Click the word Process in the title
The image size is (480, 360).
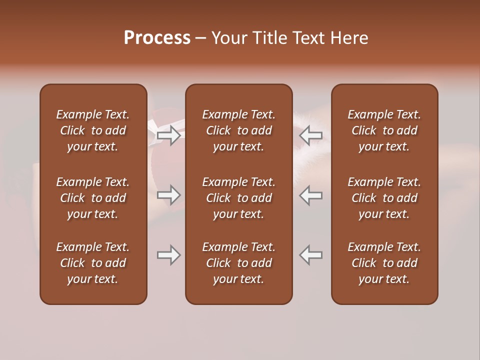[157, 38]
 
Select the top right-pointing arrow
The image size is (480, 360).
[169, 135]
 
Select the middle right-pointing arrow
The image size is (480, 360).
[169, 195]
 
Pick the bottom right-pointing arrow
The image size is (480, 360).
[169, 255]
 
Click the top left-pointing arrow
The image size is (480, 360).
[311, 135]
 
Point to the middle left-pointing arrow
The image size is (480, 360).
[311, 195]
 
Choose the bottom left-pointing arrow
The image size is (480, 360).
[311, 255]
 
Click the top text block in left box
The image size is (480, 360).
[93, 130]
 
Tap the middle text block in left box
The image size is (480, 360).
[93, 198]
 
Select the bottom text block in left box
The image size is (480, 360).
[93, 263]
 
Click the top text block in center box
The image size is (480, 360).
[238, 130]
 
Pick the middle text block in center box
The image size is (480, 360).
[238, 198]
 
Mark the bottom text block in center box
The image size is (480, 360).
[238, 263]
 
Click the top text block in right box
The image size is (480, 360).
[384, 130]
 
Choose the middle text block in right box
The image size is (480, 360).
[384, 198]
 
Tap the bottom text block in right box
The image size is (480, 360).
[384, 263]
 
